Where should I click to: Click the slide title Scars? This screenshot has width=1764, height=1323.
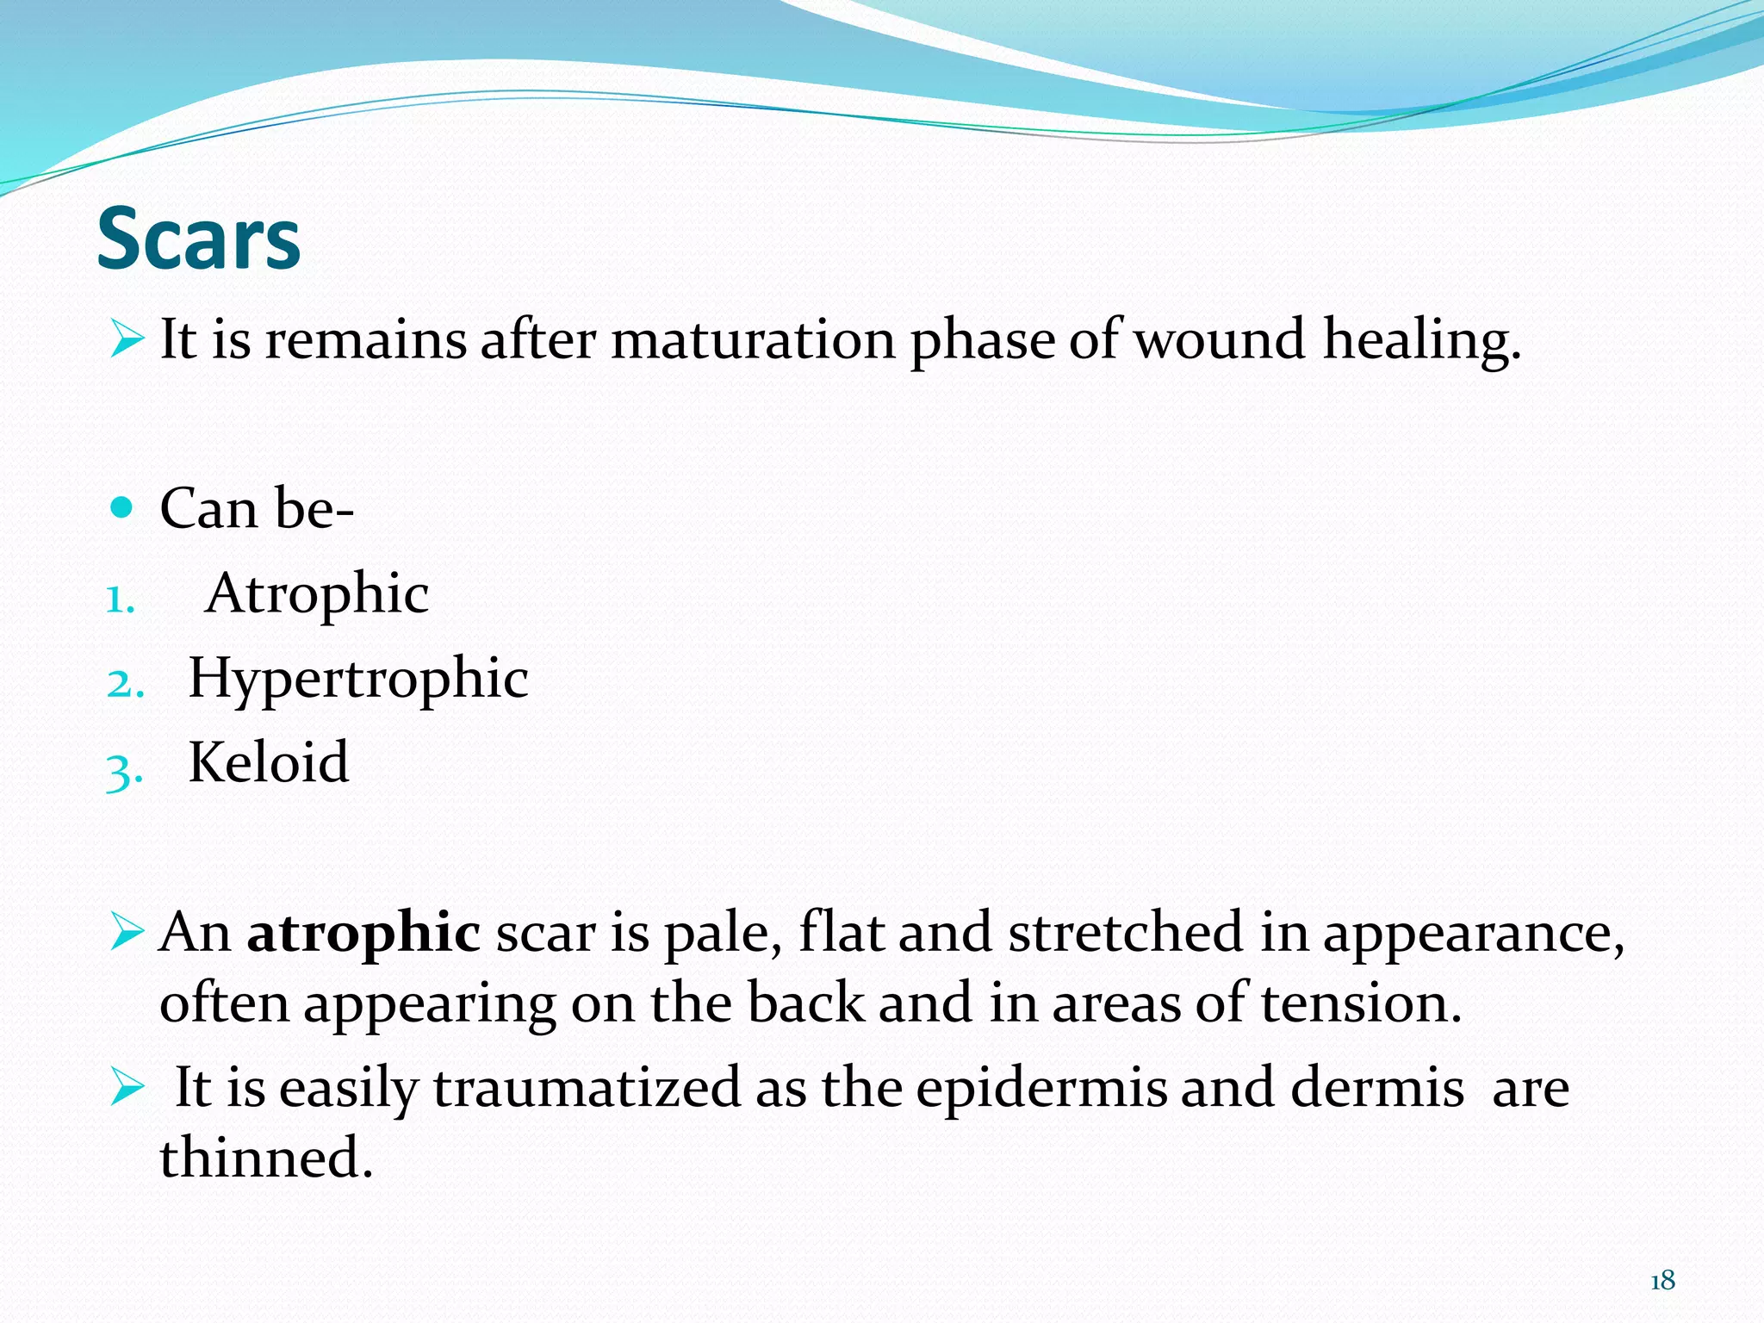(x=198, y=239)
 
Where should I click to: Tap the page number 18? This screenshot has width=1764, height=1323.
(x=1662, y=1281)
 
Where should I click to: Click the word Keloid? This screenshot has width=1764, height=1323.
(x=269, y=763)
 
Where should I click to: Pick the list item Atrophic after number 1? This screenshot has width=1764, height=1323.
(x=318, y=594)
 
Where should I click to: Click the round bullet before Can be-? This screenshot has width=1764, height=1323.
(x=123, y=507)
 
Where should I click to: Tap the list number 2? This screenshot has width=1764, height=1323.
(x=124, y=685)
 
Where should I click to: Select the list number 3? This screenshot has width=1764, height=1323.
(x=123, y=770)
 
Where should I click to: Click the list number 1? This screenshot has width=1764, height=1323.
(x=121, y=600)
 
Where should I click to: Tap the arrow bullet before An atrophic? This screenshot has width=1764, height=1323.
(x=127, y=933)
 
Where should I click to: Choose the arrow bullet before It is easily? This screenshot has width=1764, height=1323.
(x=127, y=1087)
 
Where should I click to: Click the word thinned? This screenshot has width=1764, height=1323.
(x=266, y=1158)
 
